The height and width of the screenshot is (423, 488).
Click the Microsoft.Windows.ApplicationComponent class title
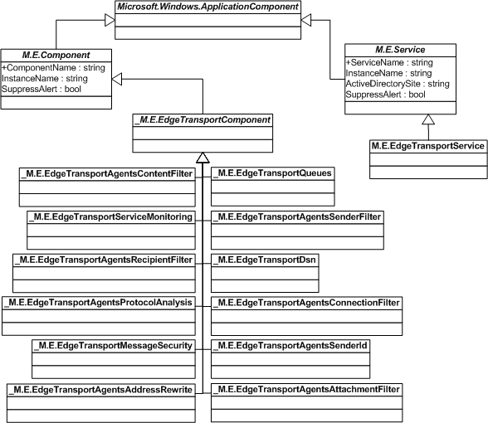[208, 7]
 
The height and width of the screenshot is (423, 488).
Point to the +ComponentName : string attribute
[49, 66]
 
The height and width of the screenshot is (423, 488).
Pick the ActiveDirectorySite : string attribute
[397, 83]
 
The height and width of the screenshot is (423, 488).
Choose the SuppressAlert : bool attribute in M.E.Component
[41, 88]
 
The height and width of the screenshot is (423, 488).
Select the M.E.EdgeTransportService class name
[427, 147]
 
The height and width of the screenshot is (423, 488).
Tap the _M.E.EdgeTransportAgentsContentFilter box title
[106, 173]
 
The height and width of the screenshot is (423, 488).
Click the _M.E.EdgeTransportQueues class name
[272, 173]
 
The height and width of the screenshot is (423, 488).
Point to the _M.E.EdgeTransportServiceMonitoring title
[110, 216]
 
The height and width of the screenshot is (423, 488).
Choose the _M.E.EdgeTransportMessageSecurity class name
[113, 345]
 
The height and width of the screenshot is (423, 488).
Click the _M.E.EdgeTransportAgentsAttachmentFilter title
[306, 388]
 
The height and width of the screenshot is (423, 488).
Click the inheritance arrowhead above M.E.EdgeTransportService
[427, 120]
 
